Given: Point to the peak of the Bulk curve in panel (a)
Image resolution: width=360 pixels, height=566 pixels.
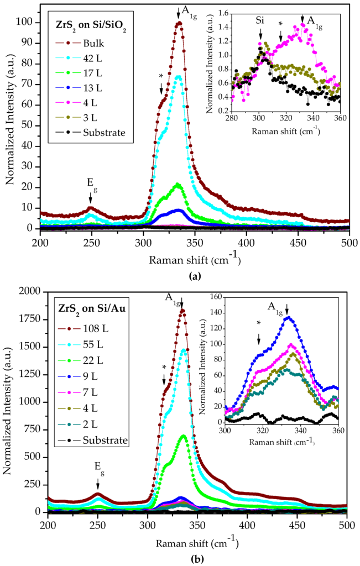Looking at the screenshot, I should tap(179, 23).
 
